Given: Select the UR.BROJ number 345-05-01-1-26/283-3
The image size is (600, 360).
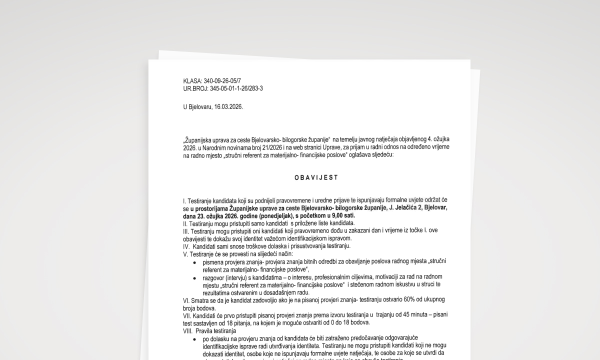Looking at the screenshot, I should click(x=236, y=88).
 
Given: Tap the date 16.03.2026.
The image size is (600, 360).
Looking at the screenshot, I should click(x=228, y=107).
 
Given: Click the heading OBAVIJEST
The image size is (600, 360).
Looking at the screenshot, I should click(x=316, y=177).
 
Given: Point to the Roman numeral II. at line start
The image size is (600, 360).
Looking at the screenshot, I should click(x=185, y=223).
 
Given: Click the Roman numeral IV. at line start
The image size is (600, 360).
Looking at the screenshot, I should click(x=187, y=246).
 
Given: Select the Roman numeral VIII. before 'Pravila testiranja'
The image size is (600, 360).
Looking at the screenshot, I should click(x=189, y=330).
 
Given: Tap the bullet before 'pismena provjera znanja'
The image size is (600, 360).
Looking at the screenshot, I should click(x=194, y=262).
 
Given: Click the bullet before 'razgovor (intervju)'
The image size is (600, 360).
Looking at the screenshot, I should click(x=194, y=277).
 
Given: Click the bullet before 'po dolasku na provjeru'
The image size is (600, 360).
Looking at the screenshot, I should click(x=194, y=338).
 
